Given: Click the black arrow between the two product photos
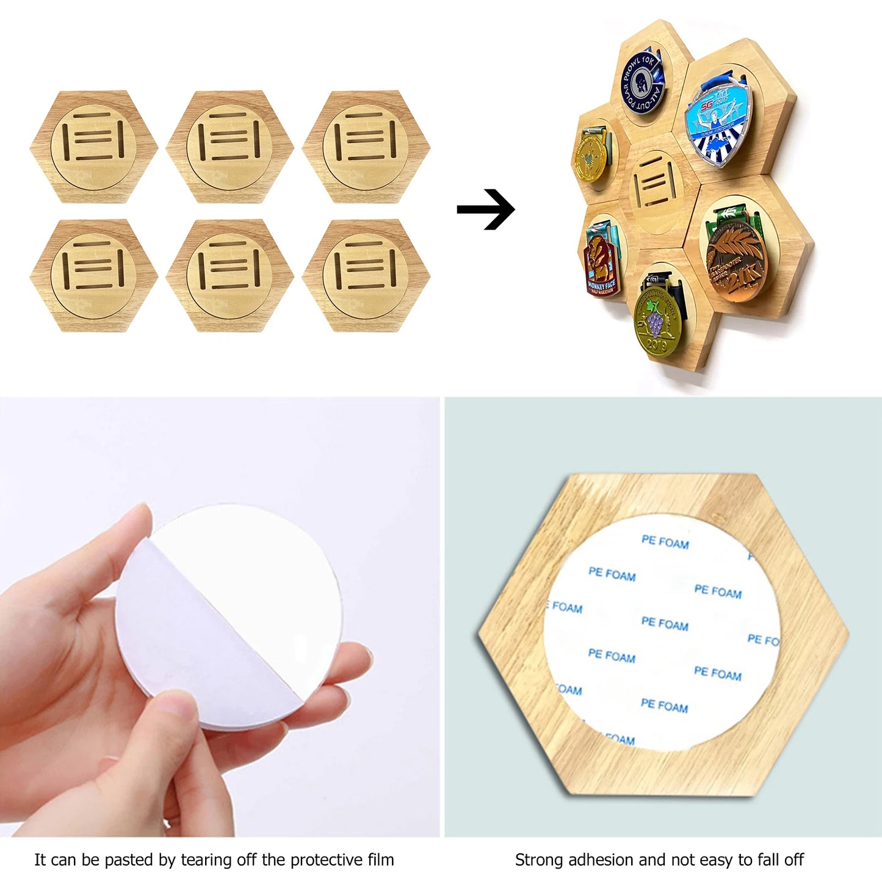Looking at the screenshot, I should (x=486, y=209).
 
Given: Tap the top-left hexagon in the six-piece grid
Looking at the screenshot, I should (x=94, y=146).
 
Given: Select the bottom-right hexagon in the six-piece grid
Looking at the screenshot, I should (x=366, y=275).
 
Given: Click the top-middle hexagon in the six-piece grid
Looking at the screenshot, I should (x=230, y=146).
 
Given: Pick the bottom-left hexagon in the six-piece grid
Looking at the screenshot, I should (x=94, y=275).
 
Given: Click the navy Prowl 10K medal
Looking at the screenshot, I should (x=642, y=82).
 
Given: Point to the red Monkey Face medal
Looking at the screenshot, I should (x=601, y=266).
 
